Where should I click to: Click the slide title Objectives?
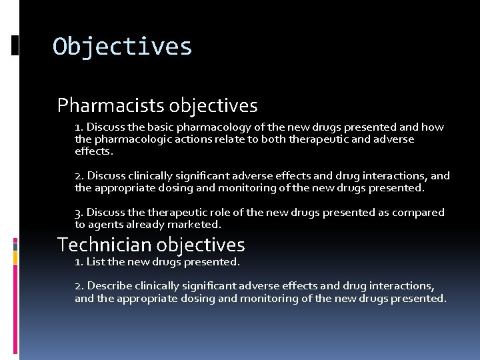123,47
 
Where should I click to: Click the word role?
207,212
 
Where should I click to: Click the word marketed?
196,225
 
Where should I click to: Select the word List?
95,262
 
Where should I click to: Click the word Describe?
110,285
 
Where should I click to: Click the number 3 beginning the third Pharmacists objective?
78,212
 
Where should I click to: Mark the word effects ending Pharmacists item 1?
93,151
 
